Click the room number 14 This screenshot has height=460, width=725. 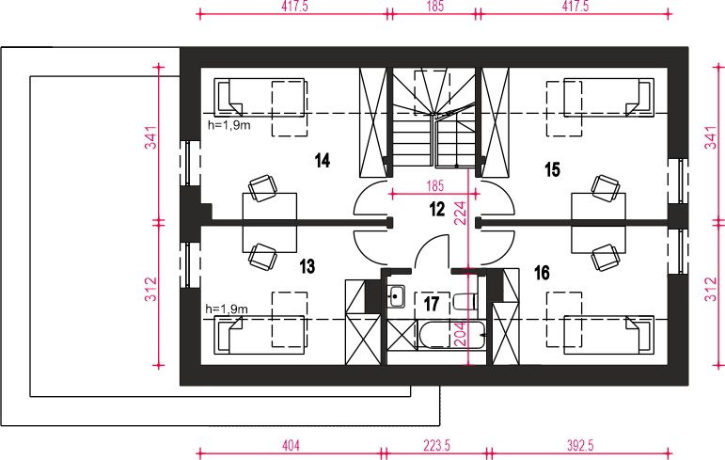tap(323, 161)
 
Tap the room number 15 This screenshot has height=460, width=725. tap(552, 170)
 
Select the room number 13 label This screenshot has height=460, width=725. tap(307, 266)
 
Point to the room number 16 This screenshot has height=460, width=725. tap(542, 273)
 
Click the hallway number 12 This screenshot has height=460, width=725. tap(437, 209)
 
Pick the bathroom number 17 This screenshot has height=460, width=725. tap(432, 304)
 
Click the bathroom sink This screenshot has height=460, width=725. tap(396, 296)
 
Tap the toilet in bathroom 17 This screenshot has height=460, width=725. tap(465, 302)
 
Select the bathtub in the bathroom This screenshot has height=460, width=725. tap(451, 335)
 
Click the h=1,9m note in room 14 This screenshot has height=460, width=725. tap(229, 125)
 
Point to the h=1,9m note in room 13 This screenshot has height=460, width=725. tap(227, 309)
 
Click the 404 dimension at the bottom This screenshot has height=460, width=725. tap(291, 445)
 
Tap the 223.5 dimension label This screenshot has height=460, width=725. tap(436, 445)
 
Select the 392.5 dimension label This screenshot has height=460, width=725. tap(580, 445)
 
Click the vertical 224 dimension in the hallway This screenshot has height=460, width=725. tap(461, 213)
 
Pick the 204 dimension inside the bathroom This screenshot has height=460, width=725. tap(461, 334)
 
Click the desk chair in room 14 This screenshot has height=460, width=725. tap(262, 188)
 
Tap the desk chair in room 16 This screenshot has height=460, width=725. tap(606, 258)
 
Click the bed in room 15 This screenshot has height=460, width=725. tap(608, 97)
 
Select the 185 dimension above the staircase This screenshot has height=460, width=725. tap(435, 6)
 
